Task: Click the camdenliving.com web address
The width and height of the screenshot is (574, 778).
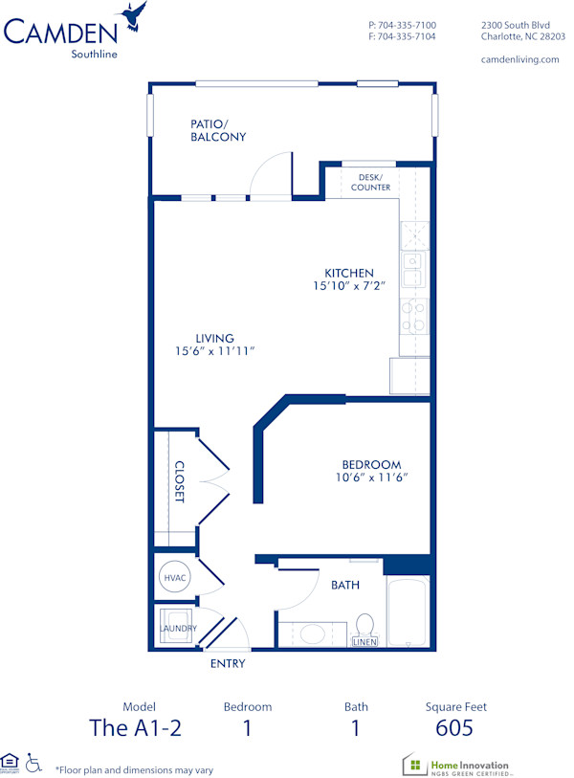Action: tap(519, 59)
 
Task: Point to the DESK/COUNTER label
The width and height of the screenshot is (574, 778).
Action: tap(370, 182)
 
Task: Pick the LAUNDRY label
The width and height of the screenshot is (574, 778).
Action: tap(178, 628)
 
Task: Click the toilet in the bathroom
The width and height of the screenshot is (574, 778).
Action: tap(364, 627)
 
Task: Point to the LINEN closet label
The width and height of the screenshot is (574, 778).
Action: tap(364, 642)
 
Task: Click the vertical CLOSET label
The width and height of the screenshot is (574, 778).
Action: tap(179, 482)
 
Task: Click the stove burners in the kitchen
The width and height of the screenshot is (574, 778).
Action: tap(413, 316)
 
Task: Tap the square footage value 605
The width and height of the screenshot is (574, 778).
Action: tap(455, 728)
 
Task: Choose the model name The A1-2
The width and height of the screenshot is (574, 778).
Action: tap(135, 728)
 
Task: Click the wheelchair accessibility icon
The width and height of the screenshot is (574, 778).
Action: tap(33, 763)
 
